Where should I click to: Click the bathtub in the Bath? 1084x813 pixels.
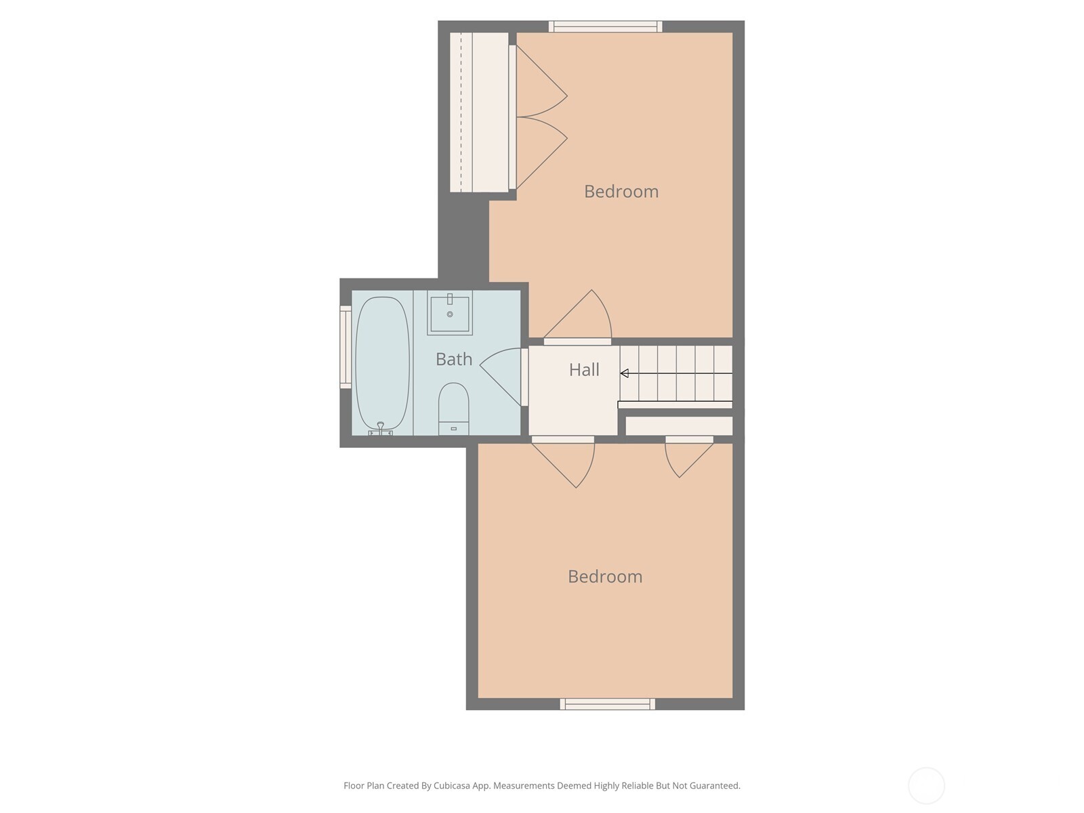[383, 362]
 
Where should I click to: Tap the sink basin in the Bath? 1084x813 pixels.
[449, 314]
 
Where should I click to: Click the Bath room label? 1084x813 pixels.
[454, 359]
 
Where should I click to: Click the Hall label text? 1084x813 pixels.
[584, 370]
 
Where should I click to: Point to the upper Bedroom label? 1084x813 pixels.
[621, 192]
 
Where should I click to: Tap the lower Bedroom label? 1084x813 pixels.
[605, 577]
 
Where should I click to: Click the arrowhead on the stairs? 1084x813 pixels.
[625, 373]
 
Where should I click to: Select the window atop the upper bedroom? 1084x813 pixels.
[605, 26]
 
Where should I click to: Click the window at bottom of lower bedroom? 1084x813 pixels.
[607, 705]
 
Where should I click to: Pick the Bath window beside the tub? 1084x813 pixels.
[346, 347]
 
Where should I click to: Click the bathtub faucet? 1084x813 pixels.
[381, 427]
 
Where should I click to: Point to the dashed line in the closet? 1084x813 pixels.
[461, 112]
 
